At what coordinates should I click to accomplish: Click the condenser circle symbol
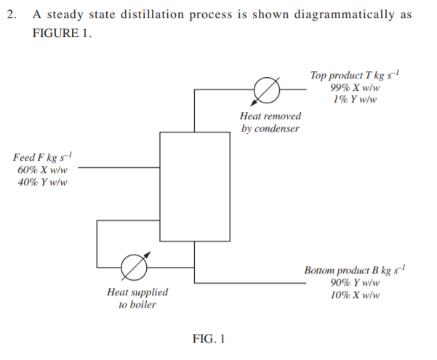(x=266, y=90)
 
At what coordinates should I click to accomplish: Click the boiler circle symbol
(x=133, y=267)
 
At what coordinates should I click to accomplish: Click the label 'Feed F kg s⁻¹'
(x=43, y=157)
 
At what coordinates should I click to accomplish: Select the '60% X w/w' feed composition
(x=42, y=169)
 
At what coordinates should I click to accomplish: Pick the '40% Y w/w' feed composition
(x=42, y=182)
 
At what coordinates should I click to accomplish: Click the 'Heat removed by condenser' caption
(x=270, y=122)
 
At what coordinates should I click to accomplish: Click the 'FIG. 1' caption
(x=209, y=338)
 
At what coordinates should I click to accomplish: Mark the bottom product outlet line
(x=254, y=284)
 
